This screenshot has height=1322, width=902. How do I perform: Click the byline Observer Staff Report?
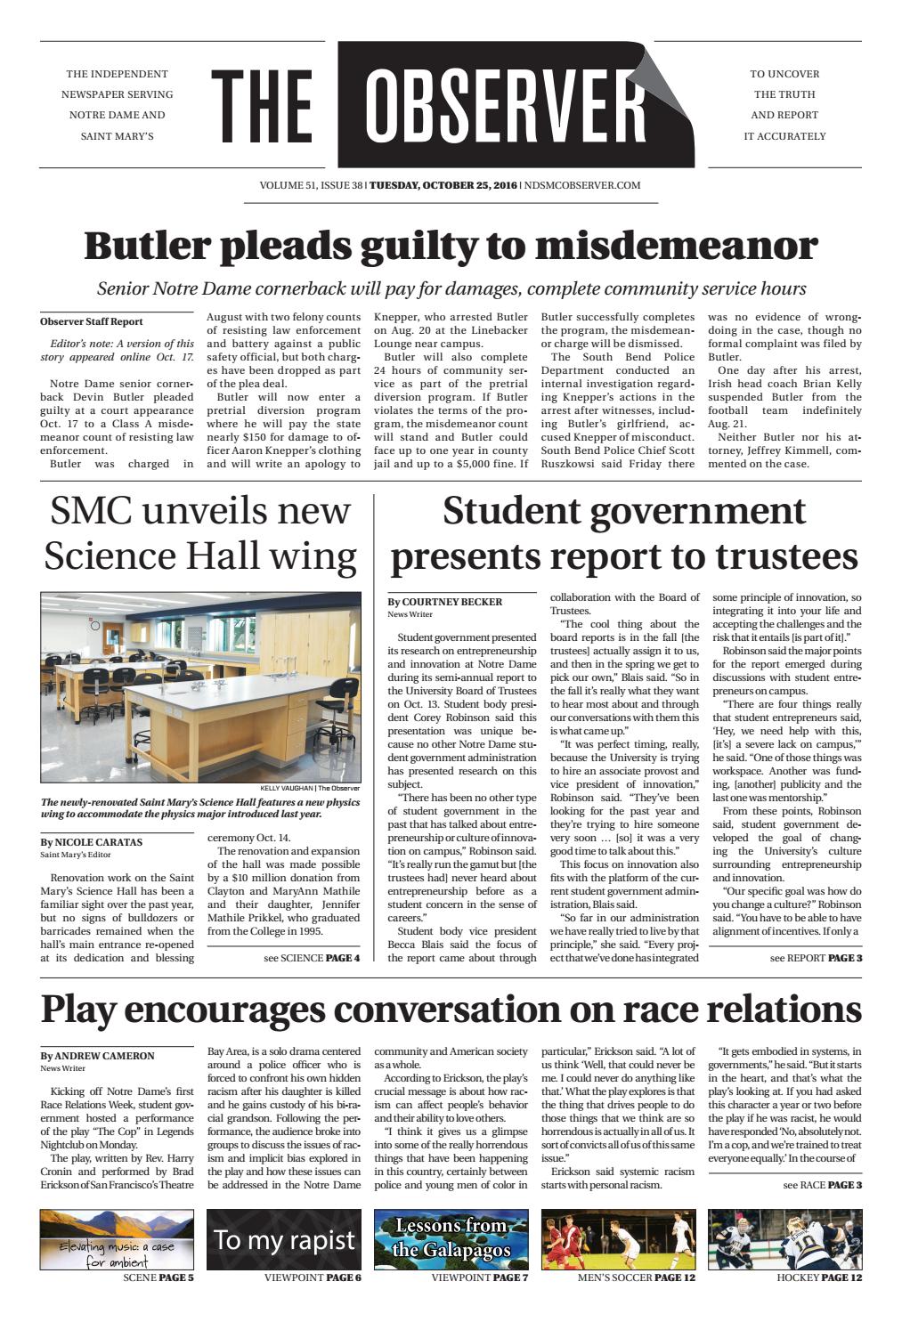pos(91,322)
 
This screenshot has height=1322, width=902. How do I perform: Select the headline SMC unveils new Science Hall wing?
pos(200,533)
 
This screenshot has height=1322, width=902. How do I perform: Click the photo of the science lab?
pos(200,686)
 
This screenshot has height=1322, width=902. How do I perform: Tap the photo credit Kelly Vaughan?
pos(310,788)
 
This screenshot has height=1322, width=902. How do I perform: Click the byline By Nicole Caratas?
pos(91,841)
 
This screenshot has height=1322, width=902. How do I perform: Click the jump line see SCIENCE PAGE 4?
pos(312,959)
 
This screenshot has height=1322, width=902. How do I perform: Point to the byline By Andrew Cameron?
pos(97,1056)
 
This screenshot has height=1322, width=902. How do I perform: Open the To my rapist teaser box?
pos(284,1239)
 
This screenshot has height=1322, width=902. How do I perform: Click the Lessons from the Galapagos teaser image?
pos(451,1239)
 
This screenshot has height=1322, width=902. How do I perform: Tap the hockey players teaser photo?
pos(784,1239)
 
